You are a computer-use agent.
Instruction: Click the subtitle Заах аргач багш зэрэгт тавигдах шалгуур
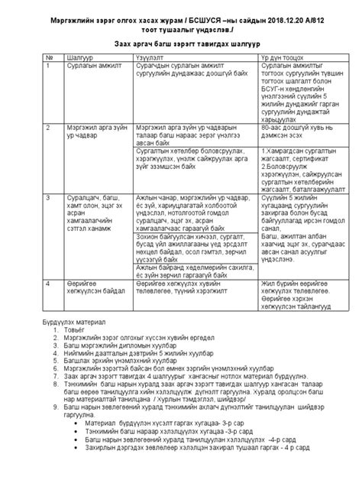[180, 44]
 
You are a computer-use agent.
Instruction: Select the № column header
[50, 57]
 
